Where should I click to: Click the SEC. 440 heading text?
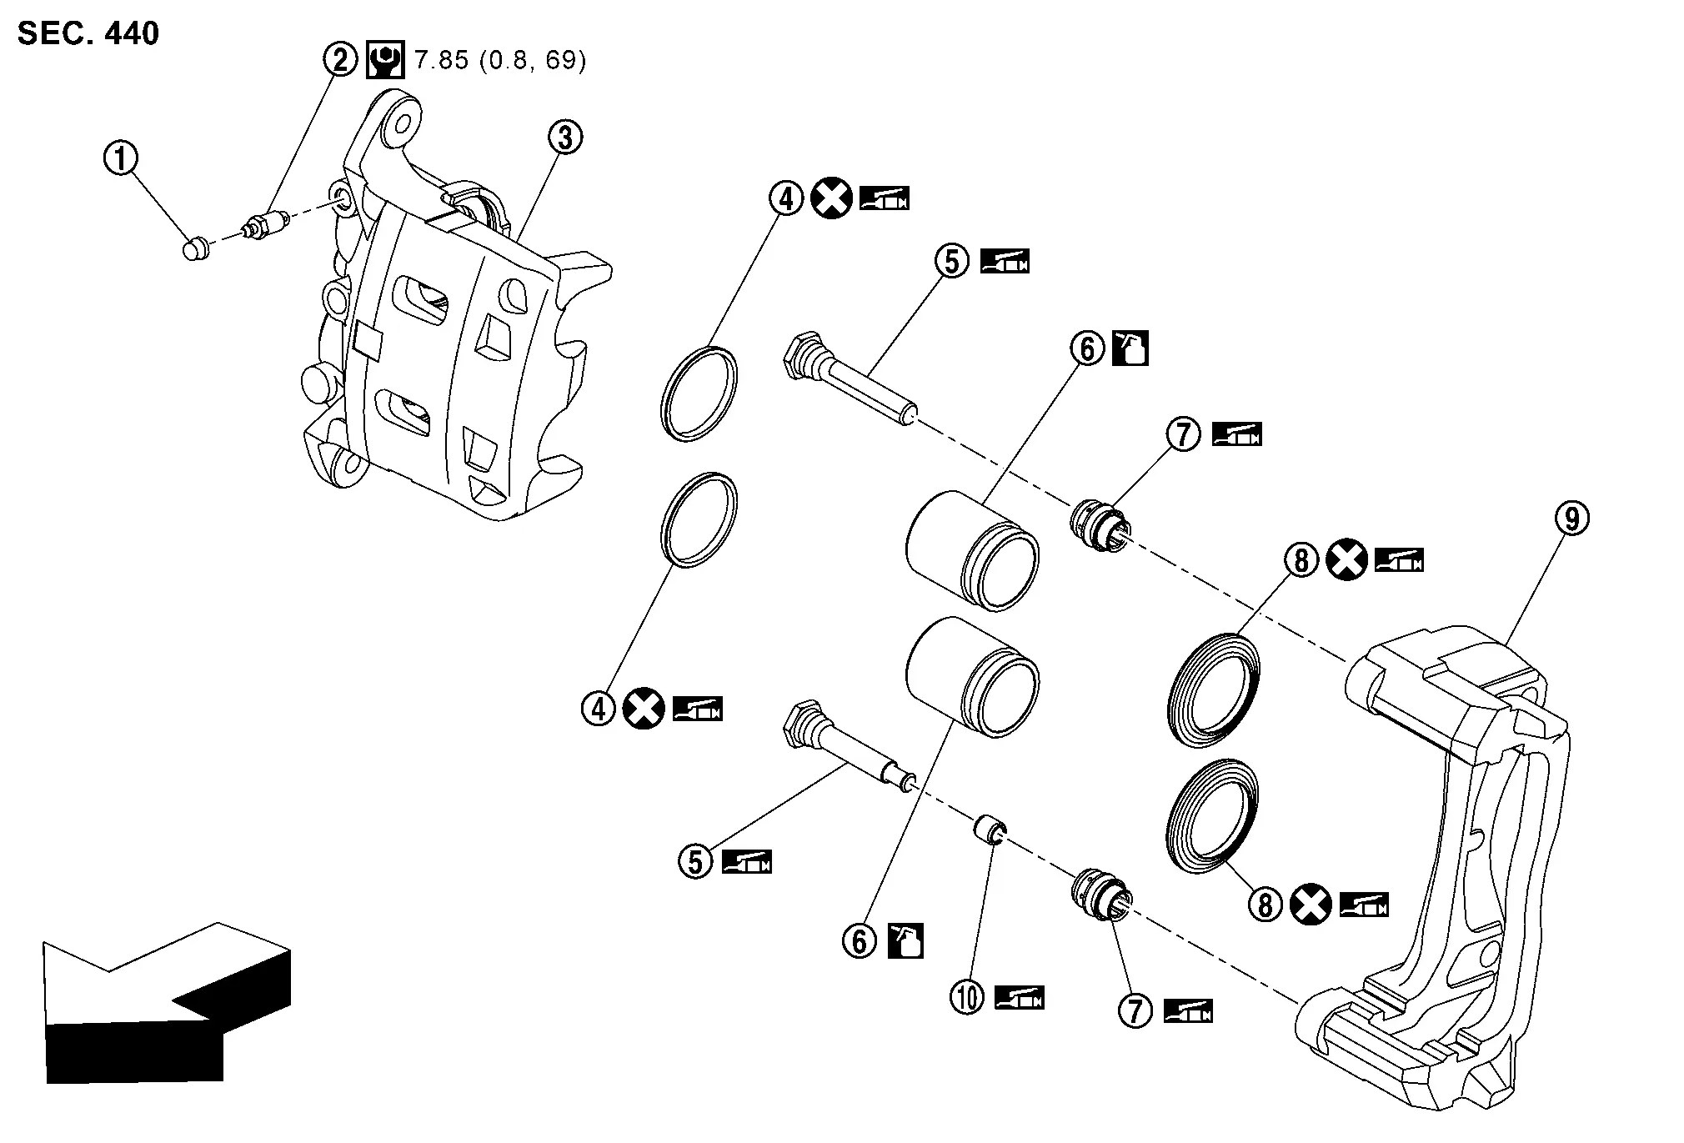click(x=88, y=33)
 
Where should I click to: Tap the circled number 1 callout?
click(x=120, y=158)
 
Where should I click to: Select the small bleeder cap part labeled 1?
click(x=195, y=248)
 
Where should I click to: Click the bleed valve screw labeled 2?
click(x=264, y=225)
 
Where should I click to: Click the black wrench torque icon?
click(x=385, y=60)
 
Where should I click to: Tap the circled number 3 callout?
click(x=565, y=138)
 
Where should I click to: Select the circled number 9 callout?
click(x=1571, y=519)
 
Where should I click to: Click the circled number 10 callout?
click(x=967, y=997)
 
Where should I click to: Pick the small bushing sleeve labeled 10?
click(x=990, y=832)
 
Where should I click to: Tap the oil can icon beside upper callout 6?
click(x=1131, y=348)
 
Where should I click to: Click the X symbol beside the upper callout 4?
click(x=831, y=198)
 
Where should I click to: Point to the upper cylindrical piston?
click(x=971, y=550)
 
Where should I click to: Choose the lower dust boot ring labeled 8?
click(x=1210, y=817)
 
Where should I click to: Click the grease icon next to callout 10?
click(x=1020, y=998)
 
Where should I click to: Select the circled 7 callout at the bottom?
click(x=1135, y=1010)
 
